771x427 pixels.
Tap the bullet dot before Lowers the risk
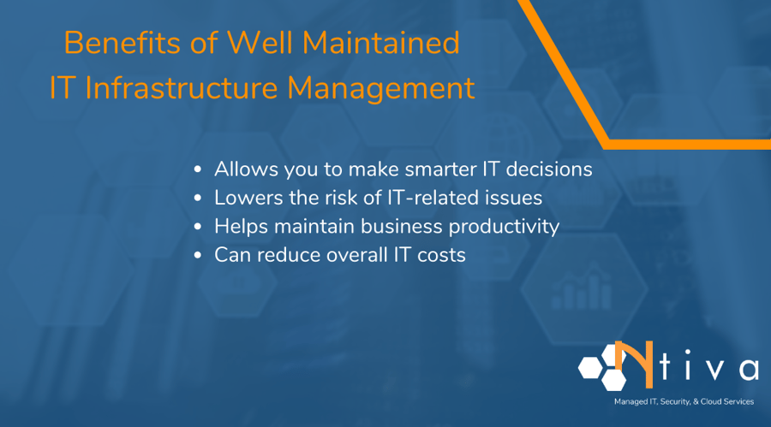[198, 199]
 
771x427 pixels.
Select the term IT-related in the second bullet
[437, 198]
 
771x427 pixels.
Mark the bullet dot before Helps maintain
[198, 228]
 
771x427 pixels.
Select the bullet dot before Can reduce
[198, 256]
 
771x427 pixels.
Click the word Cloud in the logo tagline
[713, 401]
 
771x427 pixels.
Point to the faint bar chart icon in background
[570, 293]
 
